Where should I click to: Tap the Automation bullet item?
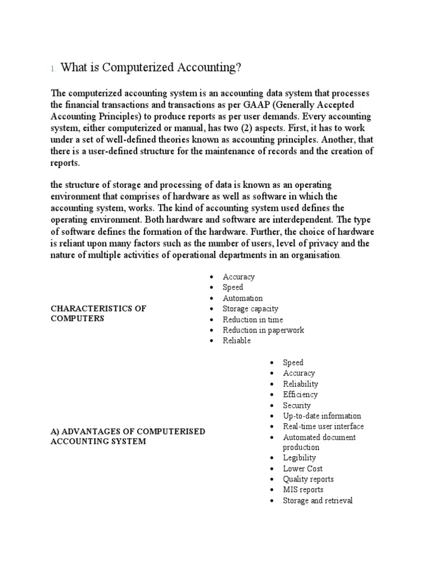[x=242, y=298]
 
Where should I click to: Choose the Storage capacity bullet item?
[x=250, y=309]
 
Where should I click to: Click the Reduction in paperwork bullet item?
[x=263, y=330]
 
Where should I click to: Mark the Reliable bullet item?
[x=237, y=341]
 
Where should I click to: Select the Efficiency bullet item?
[x=300, y=395]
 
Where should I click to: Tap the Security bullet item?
[x=297, y=405]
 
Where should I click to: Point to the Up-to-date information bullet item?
[x=322, y=416]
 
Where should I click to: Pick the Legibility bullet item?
[x=300, y=458]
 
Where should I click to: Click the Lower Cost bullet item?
[x=302, y=469]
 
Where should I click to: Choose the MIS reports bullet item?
[x=303, y=490]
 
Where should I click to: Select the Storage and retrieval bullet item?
[x=317, y=501]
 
